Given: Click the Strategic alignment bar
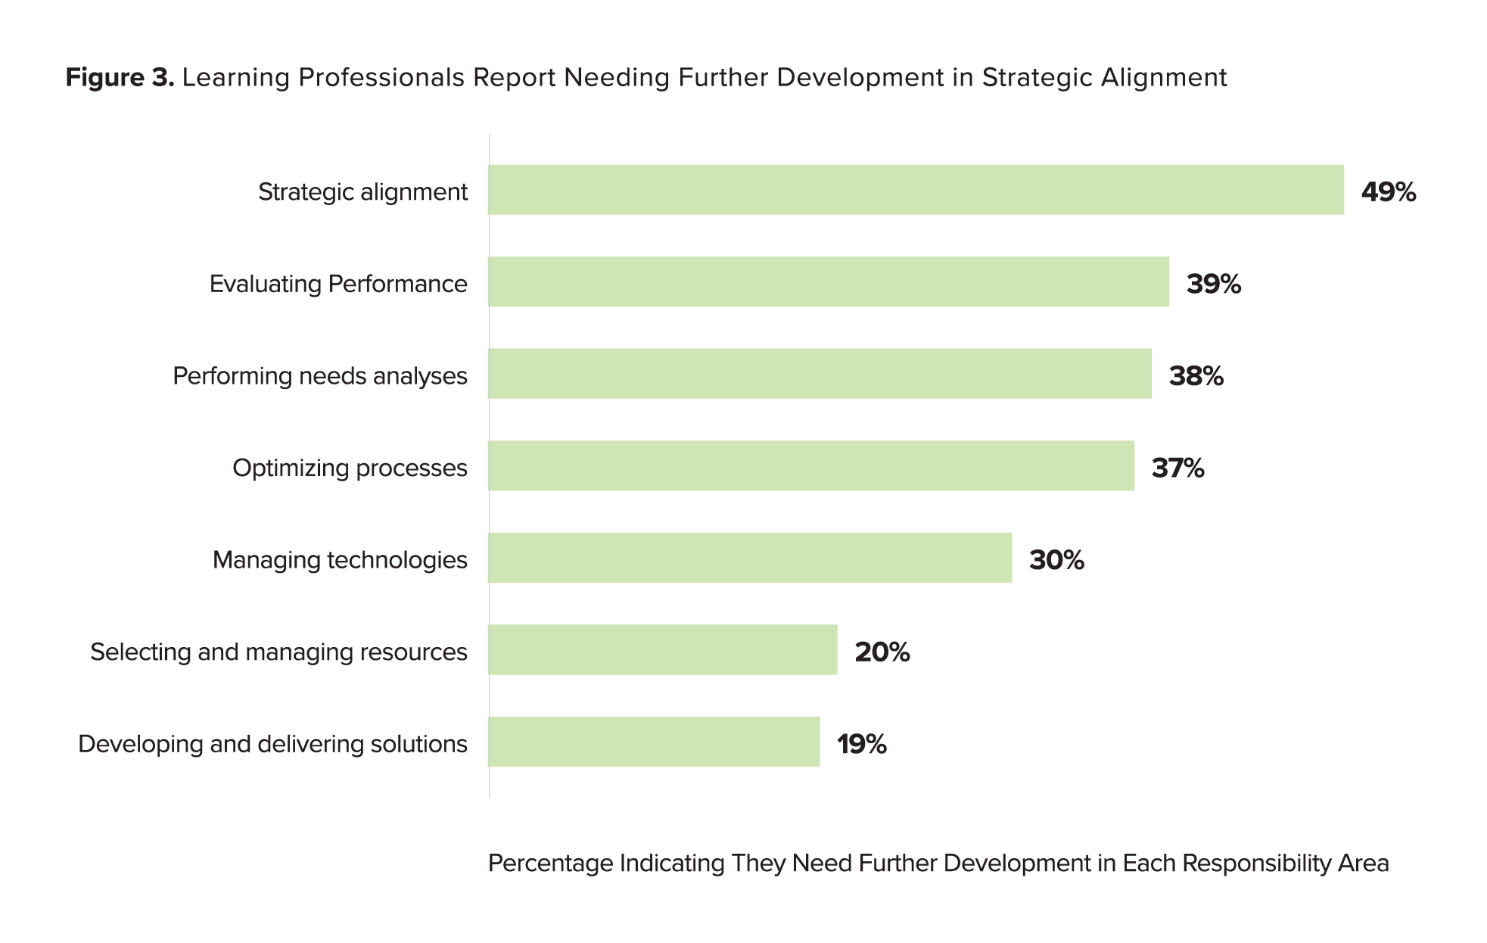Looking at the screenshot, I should point(916,190).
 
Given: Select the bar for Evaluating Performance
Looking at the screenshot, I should point(829,282).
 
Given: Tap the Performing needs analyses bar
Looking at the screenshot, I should point(820,374).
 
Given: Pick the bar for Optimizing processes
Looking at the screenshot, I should point(811,465).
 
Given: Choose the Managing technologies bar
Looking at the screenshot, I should point(750,558).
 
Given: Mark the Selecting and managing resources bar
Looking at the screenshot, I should point(663,649).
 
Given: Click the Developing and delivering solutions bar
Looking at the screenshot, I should point(654,742).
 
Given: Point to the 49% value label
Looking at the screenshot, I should point(1388,192).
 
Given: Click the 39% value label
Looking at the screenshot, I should point(1213,284).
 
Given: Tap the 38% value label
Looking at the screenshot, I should point(1196,376).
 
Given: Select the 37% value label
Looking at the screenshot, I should point(1177,468).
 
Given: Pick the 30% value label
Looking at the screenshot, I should point(1056,560).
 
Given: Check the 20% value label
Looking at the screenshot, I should point(882,652).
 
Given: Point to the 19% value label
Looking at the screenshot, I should point(861,745).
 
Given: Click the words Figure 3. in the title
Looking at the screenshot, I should point(120,77).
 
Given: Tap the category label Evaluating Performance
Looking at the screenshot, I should point(338,284).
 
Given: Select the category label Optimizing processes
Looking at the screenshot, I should point(350,468).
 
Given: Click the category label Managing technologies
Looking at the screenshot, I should point(340,560).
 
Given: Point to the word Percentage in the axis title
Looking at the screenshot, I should point(550,864).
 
